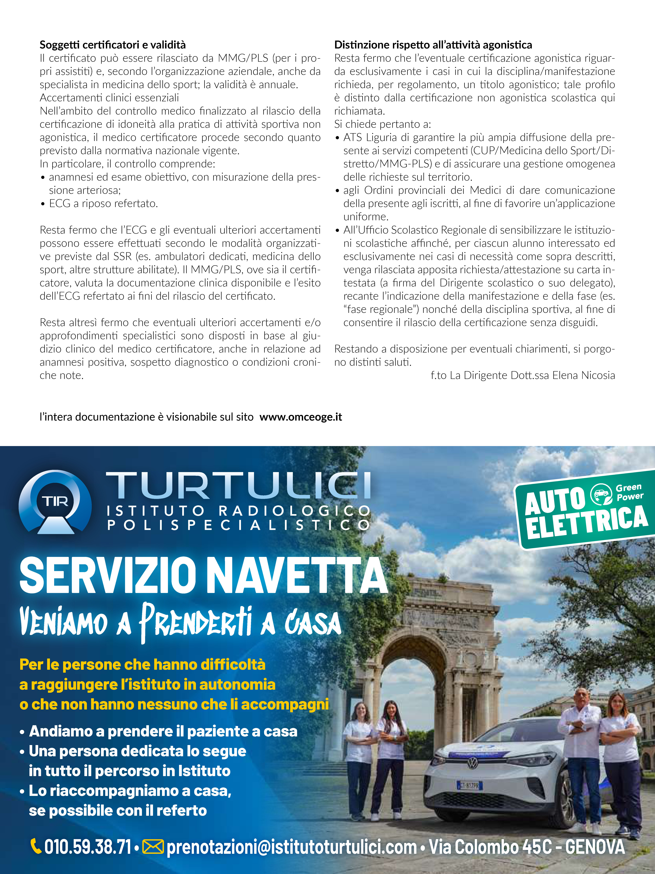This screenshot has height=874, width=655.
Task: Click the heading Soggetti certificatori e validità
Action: (112, 45)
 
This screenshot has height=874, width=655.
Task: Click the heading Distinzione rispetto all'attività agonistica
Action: (433, 45)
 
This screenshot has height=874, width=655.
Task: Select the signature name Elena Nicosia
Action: (584, 375)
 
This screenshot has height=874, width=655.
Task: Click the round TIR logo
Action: (55, 502)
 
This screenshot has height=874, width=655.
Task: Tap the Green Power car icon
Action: (601, 495)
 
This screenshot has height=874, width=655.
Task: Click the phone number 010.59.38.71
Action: (88, 847)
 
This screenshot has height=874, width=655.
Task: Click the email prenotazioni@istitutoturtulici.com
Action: (291, 847)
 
